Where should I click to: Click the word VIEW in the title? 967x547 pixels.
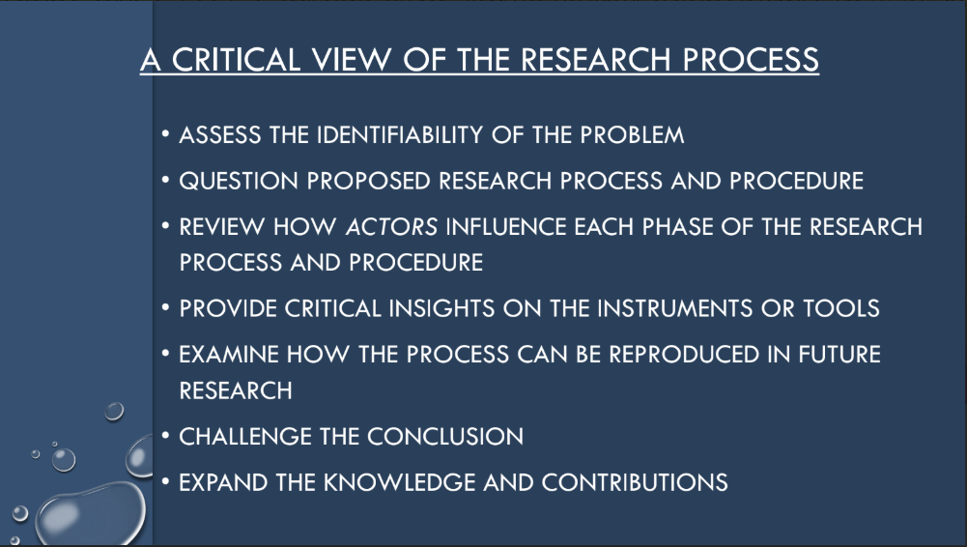[351, 60]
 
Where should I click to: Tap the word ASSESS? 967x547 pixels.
[219, 135]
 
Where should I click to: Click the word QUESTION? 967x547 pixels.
[239, 182]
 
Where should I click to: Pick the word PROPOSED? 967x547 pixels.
[368, 182]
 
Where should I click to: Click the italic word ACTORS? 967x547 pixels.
[391, 227]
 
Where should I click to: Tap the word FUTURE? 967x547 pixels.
[839, 355]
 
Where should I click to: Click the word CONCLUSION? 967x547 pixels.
[445, 437]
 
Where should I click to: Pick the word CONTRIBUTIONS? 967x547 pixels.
[635, 483]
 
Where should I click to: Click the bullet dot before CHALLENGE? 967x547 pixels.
[165, 436]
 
